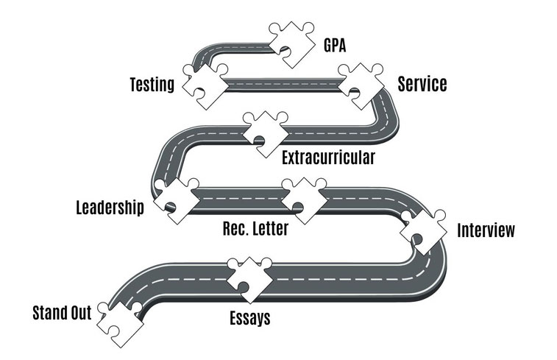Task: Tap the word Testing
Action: (152, 85)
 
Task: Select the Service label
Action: (422, 84)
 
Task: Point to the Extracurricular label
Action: (328, 158)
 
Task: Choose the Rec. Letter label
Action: (255, 229)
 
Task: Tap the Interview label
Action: (486, 230)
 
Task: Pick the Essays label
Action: (249, 318)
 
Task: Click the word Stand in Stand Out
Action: (49, 313)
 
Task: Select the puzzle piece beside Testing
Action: (202, 83)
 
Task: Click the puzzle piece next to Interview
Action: (424, 230)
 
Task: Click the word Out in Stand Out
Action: (80, 313)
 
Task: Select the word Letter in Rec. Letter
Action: (269, 229)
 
